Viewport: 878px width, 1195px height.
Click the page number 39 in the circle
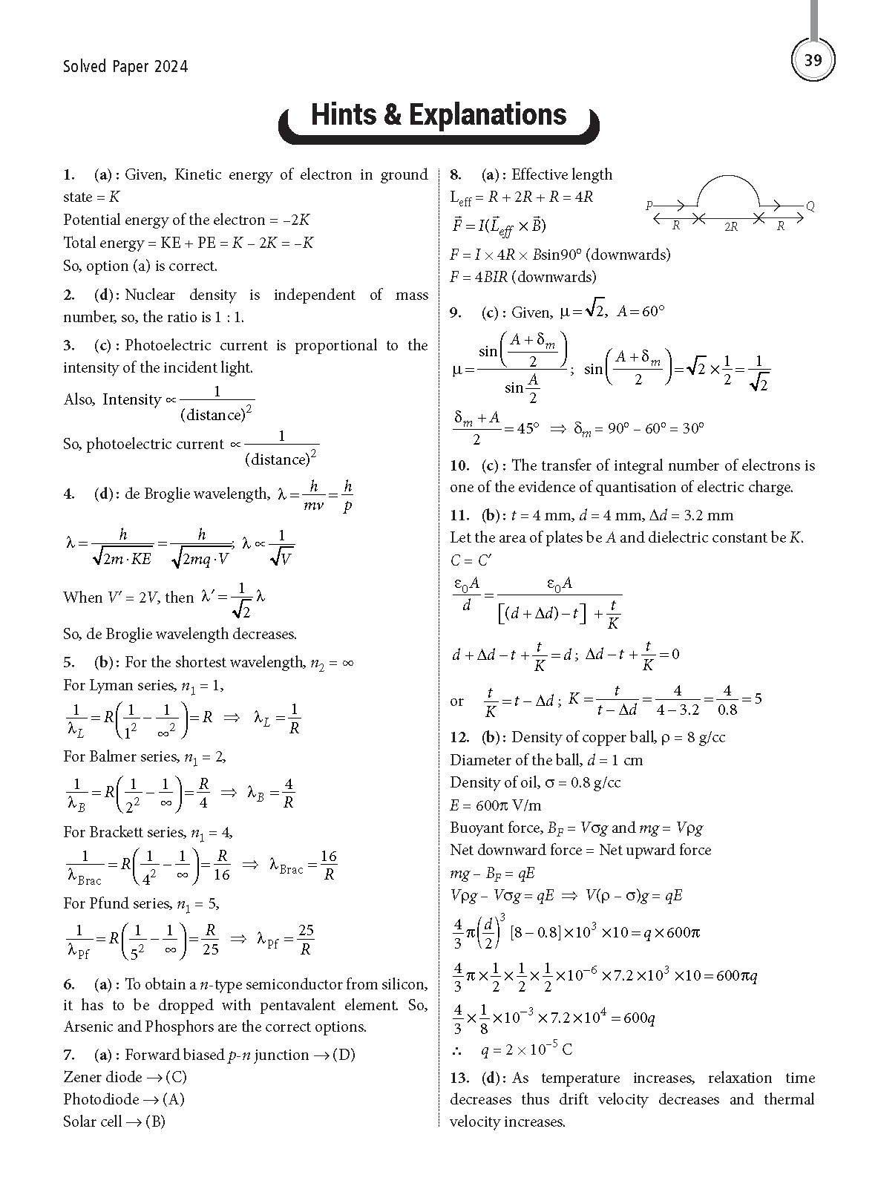click(813, 60)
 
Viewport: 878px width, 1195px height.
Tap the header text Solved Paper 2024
click(125, 67)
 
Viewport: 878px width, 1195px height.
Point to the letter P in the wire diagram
click(649, 205)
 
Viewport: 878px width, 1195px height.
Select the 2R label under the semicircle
click(730, 226)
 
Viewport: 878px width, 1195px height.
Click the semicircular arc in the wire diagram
click(727, 178)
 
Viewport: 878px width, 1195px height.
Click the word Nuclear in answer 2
click(149, 295)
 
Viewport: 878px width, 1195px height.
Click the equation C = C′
click(471, 560)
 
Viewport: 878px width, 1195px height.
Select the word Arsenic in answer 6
click(89, 1027)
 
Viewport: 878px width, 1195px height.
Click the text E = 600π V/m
click(495, 805)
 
